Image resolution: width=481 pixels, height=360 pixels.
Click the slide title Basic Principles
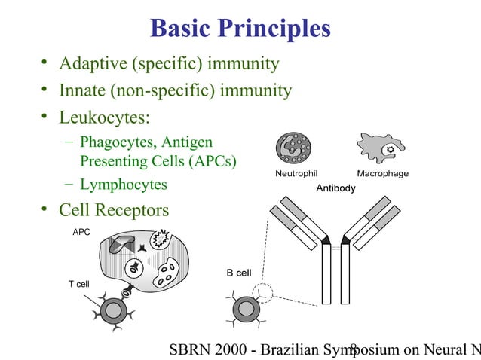(240, 28)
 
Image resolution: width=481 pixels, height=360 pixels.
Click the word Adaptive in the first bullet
(93, 63)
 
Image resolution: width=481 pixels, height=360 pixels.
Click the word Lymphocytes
(124, 185)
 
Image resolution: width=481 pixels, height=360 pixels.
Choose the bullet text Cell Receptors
(114, 210)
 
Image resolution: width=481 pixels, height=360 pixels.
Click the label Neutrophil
(292, 174)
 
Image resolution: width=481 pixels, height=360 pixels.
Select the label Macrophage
(382, 174)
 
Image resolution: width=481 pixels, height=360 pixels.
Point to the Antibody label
(334, 188)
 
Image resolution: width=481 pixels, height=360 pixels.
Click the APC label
(81, 232)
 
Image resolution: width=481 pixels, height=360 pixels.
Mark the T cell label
(81, 284)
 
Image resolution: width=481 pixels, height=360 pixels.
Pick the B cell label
(239, 273)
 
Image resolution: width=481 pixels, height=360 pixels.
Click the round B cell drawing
(245, 310)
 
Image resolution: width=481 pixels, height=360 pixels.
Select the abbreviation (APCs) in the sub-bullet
(210, 162)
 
